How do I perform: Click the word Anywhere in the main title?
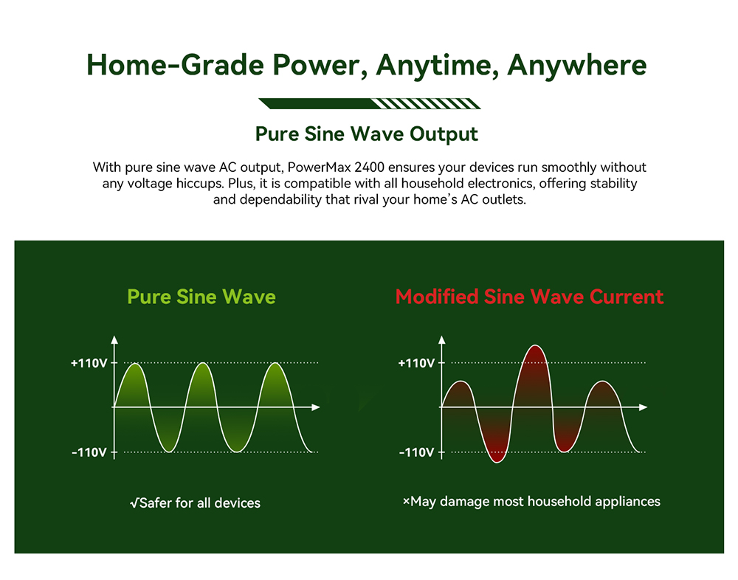(x=577, y=65)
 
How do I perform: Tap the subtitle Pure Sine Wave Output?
(x=366, y=134)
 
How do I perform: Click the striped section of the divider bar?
(x=426, y=103)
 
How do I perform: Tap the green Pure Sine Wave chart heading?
(x=201, y=297)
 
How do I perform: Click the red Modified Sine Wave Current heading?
(x=529, y=297)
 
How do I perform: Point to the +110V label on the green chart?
(x=89, y=364)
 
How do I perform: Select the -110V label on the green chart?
(x=89, y=452)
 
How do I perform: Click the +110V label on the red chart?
(x=416, y=364)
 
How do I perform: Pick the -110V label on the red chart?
(x=416, y=452)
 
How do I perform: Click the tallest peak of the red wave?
(x=535, y=346)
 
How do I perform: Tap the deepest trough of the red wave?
(x=497, y=461)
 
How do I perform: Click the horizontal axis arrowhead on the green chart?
(x=316, y=407)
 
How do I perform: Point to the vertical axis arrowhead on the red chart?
(x=441, y=340)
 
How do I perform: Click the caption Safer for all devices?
(x=195, y=503)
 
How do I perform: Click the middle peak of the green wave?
(x=203, y=364)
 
